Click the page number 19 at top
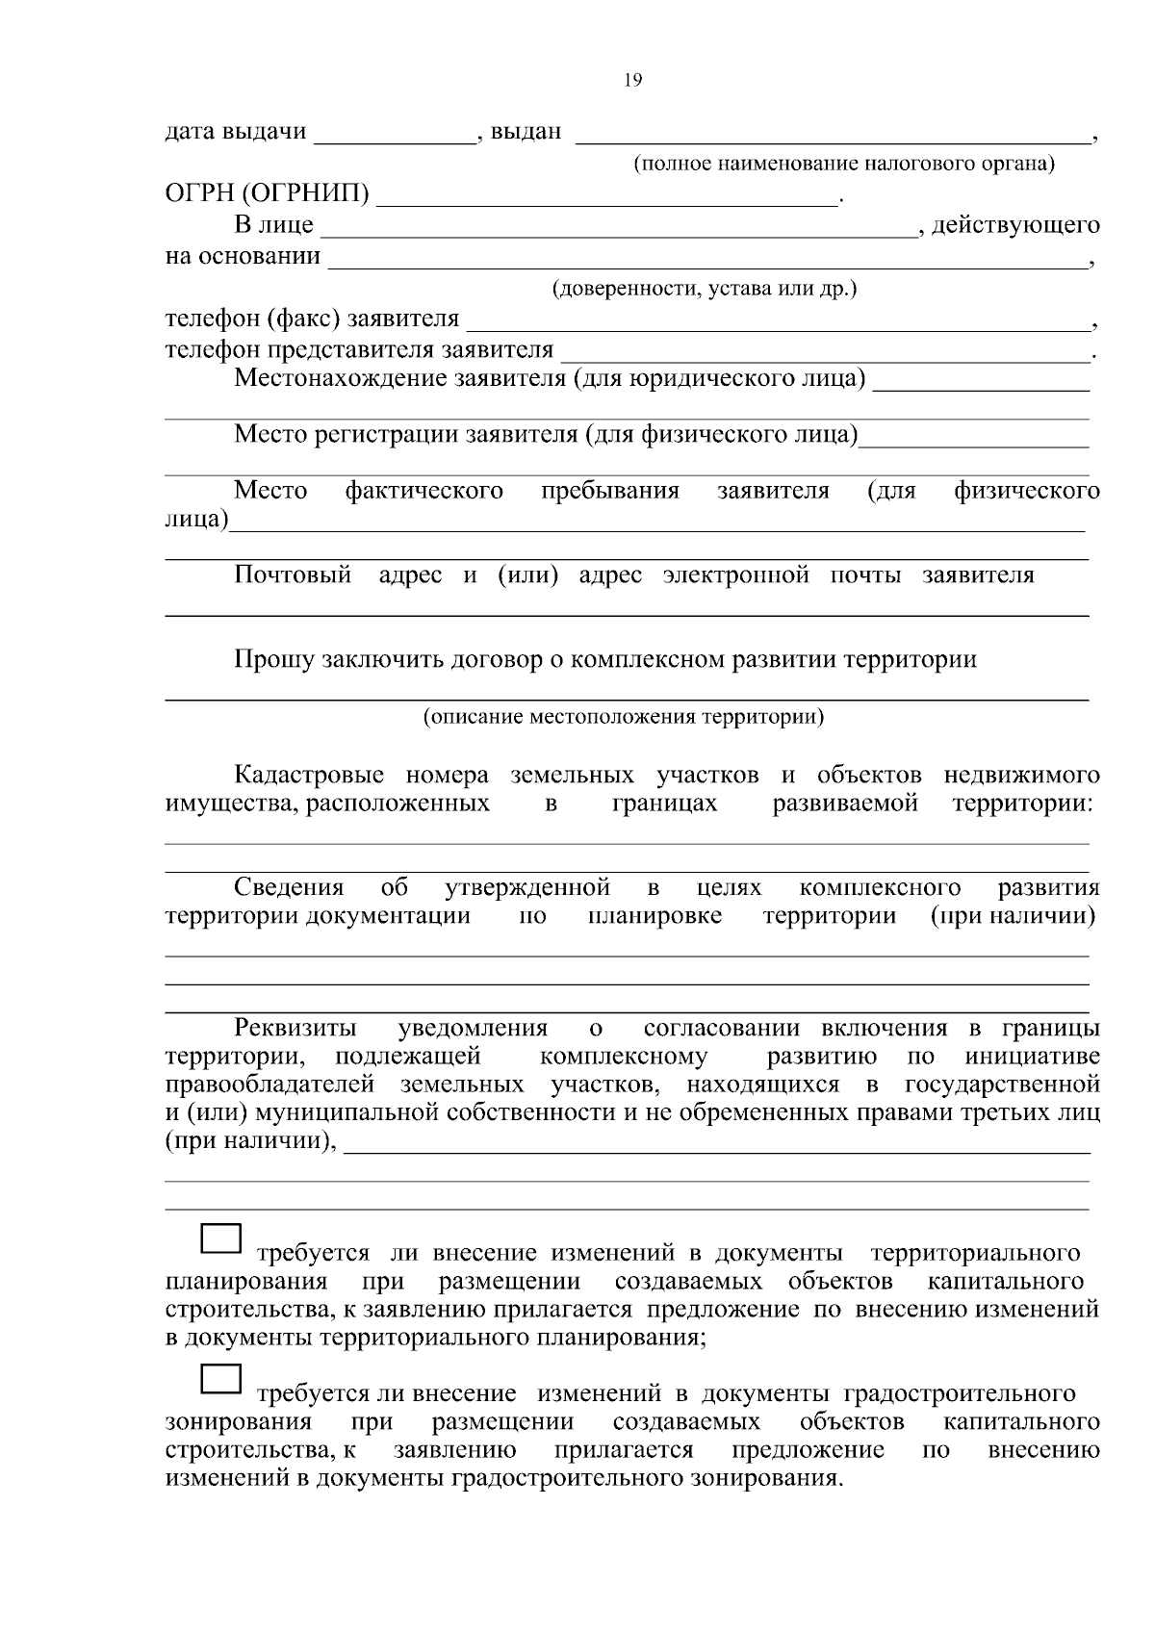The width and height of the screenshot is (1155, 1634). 632,81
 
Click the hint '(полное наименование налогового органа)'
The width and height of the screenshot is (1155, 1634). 843,164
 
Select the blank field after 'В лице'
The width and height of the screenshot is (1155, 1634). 616,227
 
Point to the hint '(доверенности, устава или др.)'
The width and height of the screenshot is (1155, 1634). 704,290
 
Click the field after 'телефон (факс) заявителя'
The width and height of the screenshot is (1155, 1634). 780,319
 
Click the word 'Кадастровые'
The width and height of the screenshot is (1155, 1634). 308,776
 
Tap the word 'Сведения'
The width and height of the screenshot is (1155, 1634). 289,887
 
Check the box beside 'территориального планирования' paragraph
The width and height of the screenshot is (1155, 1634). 220,1238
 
